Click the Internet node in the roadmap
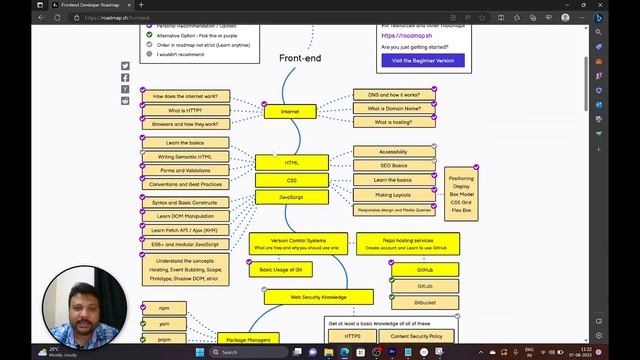pyautogui.click(x=290, y=111)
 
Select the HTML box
pyautogui.click(x=291, y=162)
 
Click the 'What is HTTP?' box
pyautogui.click(x=185, y=110)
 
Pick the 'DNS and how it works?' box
pyautogui.click(x=393, y=95)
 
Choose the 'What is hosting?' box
pyautogui.click(x=393, y=122)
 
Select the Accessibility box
pyautogui.click(x=393, y=152)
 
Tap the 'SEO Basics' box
pyautogui.click(x=393, y=166)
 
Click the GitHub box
pyautogui.click(x=424, y=270)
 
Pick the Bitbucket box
pyautogui.click(x=424, y=302)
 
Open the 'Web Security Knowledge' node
pyautogui.click(x=318, y=297)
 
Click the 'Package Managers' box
pyautogui.click(x=245, y=340)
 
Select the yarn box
pyautogui.click(x=164, y=324)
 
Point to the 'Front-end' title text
pyautogui.click(x=300, y=59)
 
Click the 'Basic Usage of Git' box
pyautogui.click(x=280, y=270)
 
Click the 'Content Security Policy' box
pyautogui.click(x=417, y=337)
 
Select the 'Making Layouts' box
pyautogui.click(x=393, y=195)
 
